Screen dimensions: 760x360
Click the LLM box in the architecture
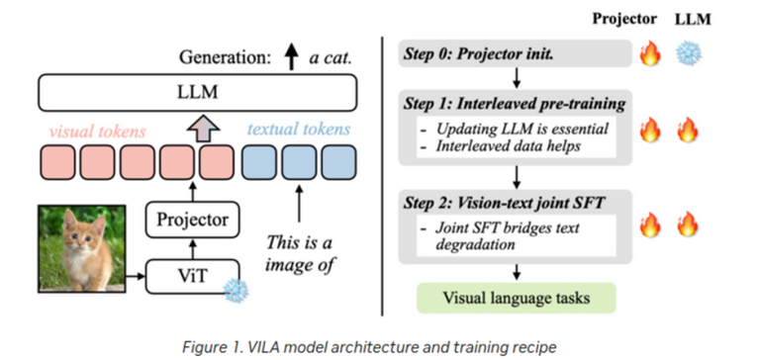click(x=198, y=93)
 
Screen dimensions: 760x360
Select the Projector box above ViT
click(x=192, y=220)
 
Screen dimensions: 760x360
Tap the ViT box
click(x=192, y=277)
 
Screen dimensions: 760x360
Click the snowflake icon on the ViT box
click(x=237, y=290)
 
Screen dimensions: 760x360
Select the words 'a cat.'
click(x=331, y=58)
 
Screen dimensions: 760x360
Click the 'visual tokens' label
click(x=97, y=131)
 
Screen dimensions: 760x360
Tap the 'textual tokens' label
click(x=299, y=130)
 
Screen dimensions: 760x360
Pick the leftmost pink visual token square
click(x=57, y=162)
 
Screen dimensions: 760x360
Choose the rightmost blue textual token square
click(x=338, y=162)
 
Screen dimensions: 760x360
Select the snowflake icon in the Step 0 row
click(x=689, y=52)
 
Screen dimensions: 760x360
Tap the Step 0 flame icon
click(x=650, y=53)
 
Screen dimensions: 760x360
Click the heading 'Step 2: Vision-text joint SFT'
click(x=504, y=203)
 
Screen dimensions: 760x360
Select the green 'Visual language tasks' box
click(x=517, y=298)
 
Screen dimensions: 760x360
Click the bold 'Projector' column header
click(x=624, y=19)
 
